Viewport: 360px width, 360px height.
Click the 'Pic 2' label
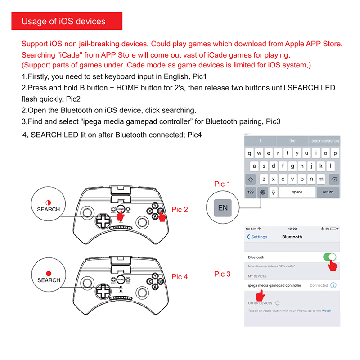(x=180, y=209)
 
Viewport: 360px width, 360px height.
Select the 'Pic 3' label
(x=222, y=274)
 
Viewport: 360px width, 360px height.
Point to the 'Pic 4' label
(x=180, y=277)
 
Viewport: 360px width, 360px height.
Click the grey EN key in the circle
(x=223, y=208)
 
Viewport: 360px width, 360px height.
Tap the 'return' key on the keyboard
(x=328, y=192)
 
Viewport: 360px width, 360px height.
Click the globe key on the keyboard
(x=262, y=192)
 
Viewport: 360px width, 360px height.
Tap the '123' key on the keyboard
(x=251, y=192)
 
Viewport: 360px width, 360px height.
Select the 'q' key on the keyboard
(x=251, y=153)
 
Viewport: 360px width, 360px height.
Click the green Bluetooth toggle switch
(x=329, y=257)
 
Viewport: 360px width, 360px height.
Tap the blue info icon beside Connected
(x=333, y=285)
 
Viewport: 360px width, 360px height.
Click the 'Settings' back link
(x=257, y=237)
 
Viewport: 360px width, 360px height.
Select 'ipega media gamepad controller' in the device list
(x=274, y=285)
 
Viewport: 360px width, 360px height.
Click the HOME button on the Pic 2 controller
(x=121, y=209)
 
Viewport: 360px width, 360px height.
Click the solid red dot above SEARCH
(x=49, y=272)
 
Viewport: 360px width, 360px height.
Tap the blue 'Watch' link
(x=326, y=311)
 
